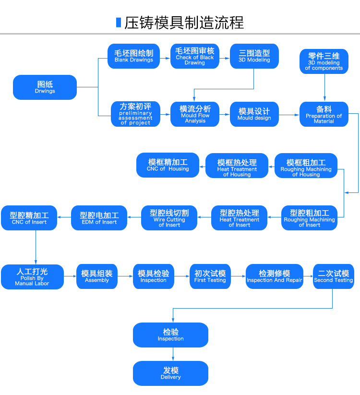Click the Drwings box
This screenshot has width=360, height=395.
[45, 87]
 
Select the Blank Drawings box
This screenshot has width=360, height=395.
[134, 56]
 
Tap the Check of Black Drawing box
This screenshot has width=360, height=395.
[194, 56]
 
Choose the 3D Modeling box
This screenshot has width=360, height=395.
[254, 56]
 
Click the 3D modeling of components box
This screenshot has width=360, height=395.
[324, 61]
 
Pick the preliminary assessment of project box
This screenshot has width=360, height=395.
[135, 114]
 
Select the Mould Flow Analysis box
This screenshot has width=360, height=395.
[195, 114]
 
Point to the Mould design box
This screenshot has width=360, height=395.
[254, 114]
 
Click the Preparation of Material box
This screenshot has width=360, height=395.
[324, 114]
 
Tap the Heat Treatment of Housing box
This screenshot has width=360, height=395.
[237, 166]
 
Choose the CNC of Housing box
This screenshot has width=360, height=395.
[168, 165]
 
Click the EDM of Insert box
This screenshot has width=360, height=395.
[99, 217]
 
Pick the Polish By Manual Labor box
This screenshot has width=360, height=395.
[32, 276]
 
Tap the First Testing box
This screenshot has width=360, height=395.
[210, 276]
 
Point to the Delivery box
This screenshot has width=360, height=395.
[170, 373]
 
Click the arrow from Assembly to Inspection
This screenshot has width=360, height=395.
[125, 276]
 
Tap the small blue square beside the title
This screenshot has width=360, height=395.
[118, 22]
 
